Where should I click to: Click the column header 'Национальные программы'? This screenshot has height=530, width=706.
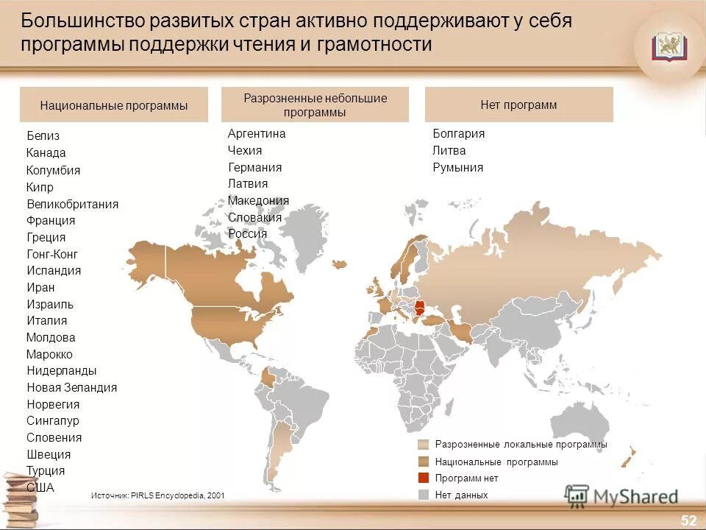point(114,105)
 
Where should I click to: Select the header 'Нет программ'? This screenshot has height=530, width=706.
point(518,105)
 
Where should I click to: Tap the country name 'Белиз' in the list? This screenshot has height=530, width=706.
point(43,135)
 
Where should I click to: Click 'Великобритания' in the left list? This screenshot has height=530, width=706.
point(72,204)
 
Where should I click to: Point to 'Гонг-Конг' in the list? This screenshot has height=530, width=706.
point(51,254)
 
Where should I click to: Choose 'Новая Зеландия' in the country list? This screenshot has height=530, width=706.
point(71,387)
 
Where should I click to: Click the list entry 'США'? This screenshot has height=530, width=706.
point(40,487)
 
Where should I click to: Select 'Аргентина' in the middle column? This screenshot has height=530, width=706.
point(257,134)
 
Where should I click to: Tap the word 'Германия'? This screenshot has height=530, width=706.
point(254,167)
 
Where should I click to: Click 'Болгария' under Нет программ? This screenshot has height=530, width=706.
point(458,134)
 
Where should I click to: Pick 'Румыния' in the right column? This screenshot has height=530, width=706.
point(457,167)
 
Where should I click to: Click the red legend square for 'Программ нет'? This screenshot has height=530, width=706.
point(423,478)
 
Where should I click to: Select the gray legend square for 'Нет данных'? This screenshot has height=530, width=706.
point(423,495)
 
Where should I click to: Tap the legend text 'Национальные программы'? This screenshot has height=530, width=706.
point(496,462)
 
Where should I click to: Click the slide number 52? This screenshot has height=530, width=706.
point(688,520)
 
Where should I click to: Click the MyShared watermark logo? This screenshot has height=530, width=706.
point(621,495)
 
